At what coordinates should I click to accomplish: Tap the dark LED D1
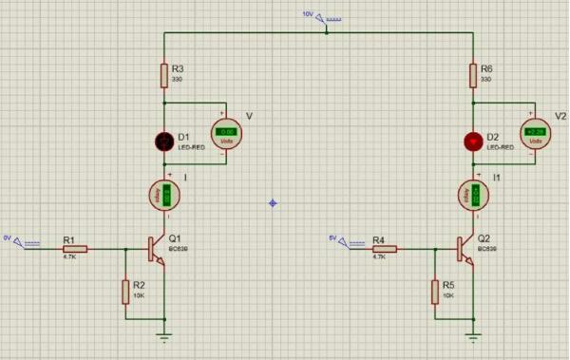tap(164, 142)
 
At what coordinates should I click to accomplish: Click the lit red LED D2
tap(473, 142)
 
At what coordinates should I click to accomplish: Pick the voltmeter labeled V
tap(226, 133)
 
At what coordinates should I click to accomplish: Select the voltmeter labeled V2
tap(536, 133)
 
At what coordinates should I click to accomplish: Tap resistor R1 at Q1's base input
tap(74, 249)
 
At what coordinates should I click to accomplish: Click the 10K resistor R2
tap(125, 291)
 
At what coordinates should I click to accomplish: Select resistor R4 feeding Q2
tap(383, 249)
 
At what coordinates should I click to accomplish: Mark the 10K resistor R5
tap(434, 291)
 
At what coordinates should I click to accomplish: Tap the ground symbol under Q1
tap(164, 333)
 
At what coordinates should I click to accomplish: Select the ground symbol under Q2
tap(473, 333)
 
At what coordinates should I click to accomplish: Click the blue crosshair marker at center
tap(274, 202)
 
